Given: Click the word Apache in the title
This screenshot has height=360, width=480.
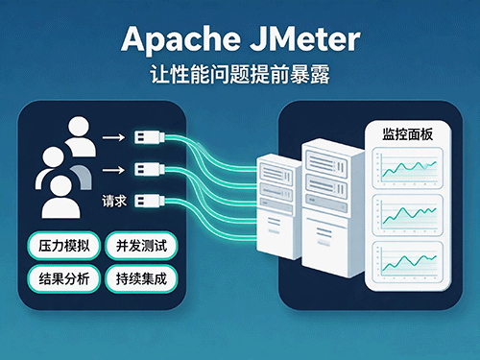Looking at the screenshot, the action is click(x=181, y=39).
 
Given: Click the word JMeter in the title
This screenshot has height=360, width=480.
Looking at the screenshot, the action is click(x=305, y=39).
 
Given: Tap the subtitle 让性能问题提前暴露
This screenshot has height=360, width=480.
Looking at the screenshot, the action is click(x=240, y=75).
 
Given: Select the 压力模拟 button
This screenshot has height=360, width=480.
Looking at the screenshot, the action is click(x=64, y=246).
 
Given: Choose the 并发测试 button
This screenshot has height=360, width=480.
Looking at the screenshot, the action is click(x=141, y=246).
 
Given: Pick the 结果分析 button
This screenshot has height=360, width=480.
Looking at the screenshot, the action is click(x=64, y=278).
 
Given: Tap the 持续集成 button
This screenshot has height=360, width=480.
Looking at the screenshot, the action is click(x=141, y=278).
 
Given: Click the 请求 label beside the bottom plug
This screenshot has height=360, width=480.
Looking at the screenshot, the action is click(x=114, y=202).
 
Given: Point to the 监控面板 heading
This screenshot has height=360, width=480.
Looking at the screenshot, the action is click(x=408, y=134).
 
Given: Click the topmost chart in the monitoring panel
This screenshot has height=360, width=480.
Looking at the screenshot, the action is click(x=408, y=168).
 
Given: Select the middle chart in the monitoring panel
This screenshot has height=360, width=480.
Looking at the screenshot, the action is click(x=408, y=215).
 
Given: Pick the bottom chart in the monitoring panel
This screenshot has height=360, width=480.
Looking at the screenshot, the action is click(x=408, y=262).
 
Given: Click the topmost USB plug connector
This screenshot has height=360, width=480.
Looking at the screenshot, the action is click(x=150, y=137).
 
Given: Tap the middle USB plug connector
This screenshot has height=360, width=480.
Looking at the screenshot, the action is click(x=150, y=169).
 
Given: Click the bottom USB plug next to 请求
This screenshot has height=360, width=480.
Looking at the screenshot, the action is click(x=150, y=201).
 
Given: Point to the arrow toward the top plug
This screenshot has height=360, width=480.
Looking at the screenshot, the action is click(x=113, y=137).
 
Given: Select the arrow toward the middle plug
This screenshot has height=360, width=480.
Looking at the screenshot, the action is click(x=113, y=170).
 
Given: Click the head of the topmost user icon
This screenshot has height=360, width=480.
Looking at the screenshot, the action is click(x=79, y=127).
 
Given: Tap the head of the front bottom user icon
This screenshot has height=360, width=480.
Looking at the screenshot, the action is click(x=61, y=186).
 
